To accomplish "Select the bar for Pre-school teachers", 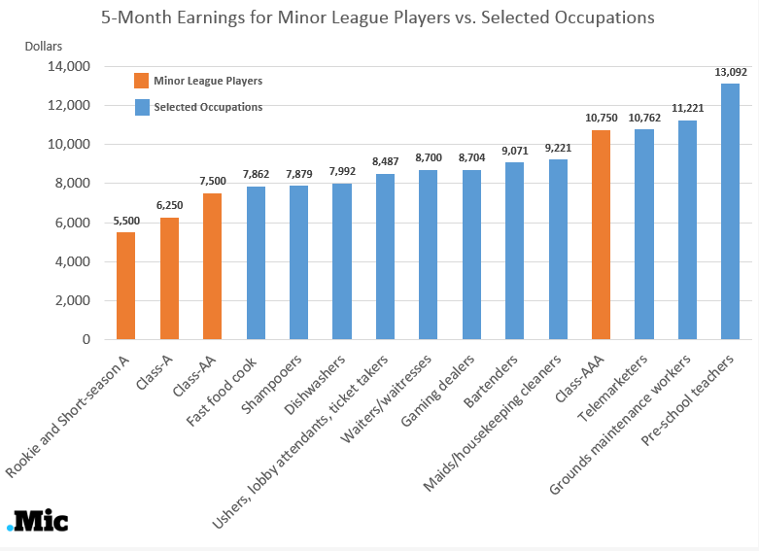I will click(731, 211).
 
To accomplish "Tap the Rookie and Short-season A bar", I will click(125, 286).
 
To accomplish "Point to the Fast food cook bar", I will click(256, 262).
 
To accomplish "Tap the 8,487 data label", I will click(385, 160).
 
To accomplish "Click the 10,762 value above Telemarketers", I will click(644, 117).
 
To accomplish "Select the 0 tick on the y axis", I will click(86, 340).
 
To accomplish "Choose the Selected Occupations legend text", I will click(208, 107).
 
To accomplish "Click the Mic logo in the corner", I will click(38, 521).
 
